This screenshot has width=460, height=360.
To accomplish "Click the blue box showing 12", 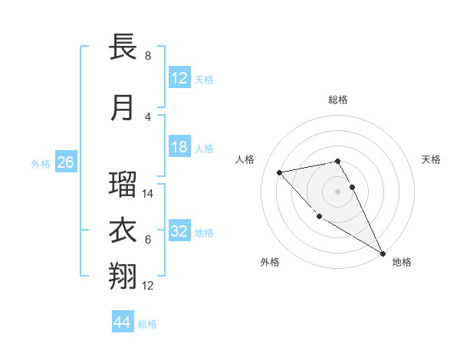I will [179, 78].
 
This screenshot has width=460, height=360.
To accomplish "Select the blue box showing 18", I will [179, 147].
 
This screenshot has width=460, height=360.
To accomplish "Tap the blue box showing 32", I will [179, 231].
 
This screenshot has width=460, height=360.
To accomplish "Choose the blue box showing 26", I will [65, 162].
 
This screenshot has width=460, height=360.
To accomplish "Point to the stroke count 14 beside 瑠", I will [149, 195].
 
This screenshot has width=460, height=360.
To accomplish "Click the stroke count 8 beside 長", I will [147, 56].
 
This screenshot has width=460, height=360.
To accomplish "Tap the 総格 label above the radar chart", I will [338, 100].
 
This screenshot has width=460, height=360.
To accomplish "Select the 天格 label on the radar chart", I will [431, 159].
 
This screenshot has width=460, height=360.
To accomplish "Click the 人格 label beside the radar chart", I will [245, 159].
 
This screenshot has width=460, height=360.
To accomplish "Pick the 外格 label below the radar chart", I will [269, 262].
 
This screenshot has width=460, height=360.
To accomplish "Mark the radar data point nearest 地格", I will [383, 254].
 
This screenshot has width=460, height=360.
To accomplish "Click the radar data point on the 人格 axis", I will [280, 172].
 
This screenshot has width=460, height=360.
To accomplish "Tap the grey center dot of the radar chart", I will [337, 191].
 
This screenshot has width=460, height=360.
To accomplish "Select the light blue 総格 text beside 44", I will [147, 324].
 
